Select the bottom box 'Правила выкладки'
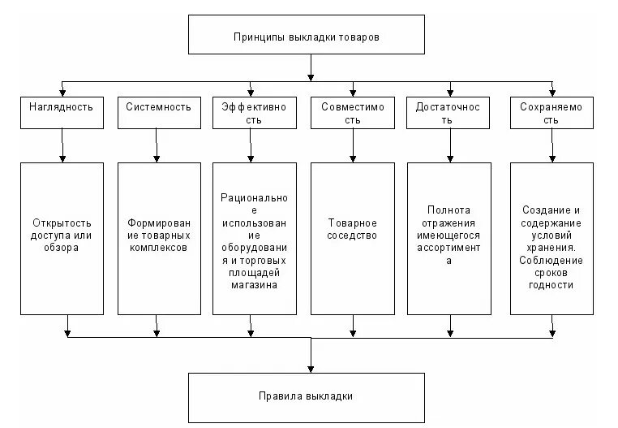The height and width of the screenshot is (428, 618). [x=307, y=396]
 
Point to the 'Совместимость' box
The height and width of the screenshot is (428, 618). [x=351, y=113]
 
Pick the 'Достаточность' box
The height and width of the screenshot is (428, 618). [x=448, y=113]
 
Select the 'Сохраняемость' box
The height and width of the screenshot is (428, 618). [x=551, y=113]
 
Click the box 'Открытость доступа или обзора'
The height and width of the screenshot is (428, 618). [x=62, y=238]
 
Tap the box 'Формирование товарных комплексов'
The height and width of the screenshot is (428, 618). [x=158, y=238]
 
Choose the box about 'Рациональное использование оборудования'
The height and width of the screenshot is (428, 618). [x=254, y=238]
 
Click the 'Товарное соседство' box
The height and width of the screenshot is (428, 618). [x=351, y=238]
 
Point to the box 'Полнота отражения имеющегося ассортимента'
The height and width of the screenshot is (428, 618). [x=448, y=238]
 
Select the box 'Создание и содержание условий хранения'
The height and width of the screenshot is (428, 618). [x=551, y=238]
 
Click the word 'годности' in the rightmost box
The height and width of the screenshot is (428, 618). [x=551, y=285]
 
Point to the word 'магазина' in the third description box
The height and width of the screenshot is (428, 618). [x=254, y=285]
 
